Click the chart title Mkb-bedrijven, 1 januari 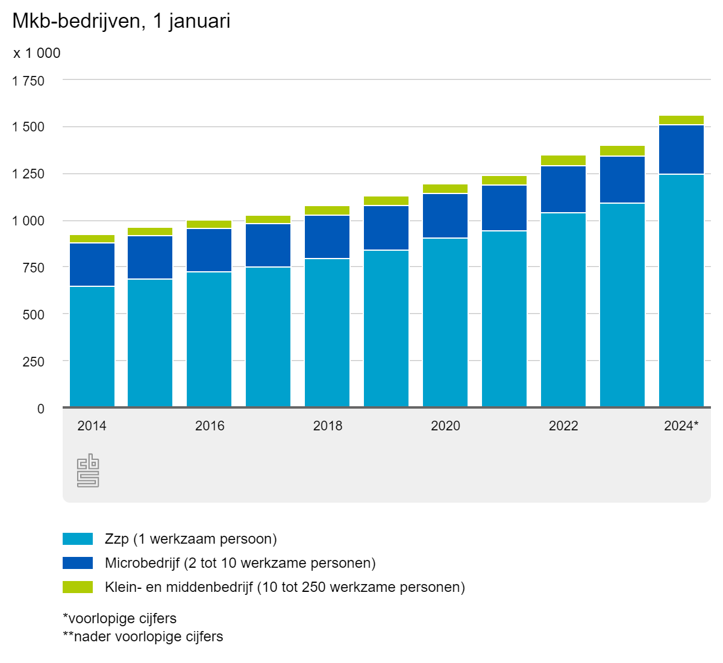pos(121,22)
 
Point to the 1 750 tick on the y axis pos(28,80)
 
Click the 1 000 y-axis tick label pos(28,221)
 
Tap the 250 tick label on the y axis pos(34,362)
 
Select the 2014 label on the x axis pos(92,426)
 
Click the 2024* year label pos(681,426)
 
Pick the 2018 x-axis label pos(327,426)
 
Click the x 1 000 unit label pos(37,53)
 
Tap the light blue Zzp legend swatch pos(78,539)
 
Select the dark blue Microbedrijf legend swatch pos(78,563)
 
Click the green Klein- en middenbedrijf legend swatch pos(78,587)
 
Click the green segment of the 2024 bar pos(681,120)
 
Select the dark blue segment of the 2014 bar pos(92,265)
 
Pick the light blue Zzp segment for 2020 pos(445,322)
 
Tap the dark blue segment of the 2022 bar pos(563,189)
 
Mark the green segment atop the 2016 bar pos(209,224)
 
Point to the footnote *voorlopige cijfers pos(119,618)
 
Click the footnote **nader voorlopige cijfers pos(143,636)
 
